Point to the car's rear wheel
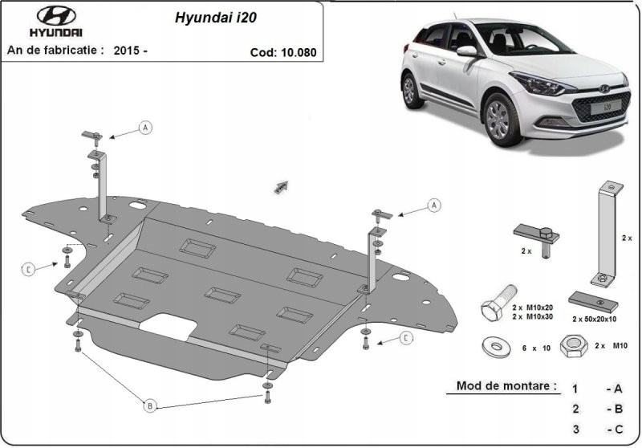tap(412, 90)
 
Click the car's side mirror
tap(466, 51)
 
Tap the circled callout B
tap(149, 406)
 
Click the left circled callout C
tap(28, 269)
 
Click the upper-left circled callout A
tap(145, 127)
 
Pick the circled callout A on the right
tap(434, 206)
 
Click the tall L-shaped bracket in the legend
tap(605, 233)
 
